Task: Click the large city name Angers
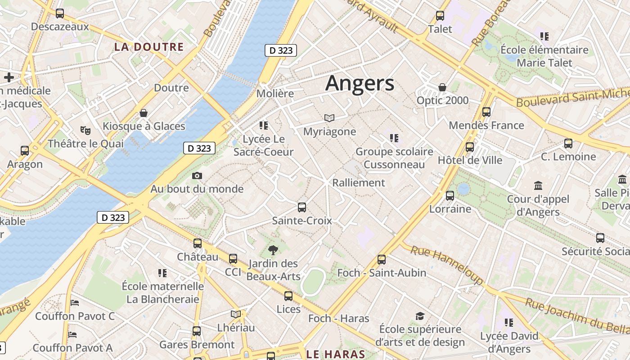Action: coord(360,84)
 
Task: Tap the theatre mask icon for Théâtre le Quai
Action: coord(85,130)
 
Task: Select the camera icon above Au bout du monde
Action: coord(197,176)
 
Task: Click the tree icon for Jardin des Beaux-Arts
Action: coord(273,250)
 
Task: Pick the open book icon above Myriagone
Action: coord(329,118)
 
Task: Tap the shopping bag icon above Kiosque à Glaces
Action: coord(144,113)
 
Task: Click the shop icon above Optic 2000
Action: coord(442,87)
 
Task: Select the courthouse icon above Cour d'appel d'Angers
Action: coord(538,185)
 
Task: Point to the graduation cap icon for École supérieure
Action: coord(420,316)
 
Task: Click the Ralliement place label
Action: coord(358,183)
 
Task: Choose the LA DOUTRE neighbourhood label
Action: coord(148,47)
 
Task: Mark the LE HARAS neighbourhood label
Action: coord(335,354)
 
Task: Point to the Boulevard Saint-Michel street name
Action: coord(571,98)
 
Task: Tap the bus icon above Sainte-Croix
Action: coord(301,207)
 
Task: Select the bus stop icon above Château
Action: coord(198,243)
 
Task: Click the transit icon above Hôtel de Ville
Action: coord(470,147)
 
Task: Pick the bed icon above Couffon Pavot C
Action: coord(75,302)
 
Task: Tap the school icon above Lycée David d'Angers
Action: coord(509,322)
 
